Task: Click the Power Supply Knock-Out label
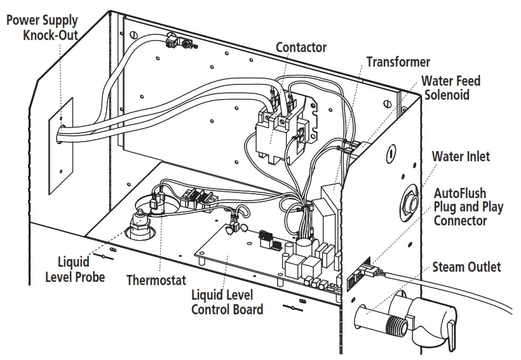click(x=43, y=27)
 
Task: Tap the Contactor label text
click(x=301, y=48)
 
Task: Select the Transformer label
click(x=398, y=62)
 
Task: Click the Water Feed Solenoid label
click(x=451, y=88)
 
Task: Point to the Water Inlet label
click(x=461, y=156)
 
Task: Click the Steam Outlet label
click(x=466, y=267)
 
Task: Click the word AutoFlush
click(x=460, y=193)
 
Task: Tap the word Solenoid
click(x=447, y=95)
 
